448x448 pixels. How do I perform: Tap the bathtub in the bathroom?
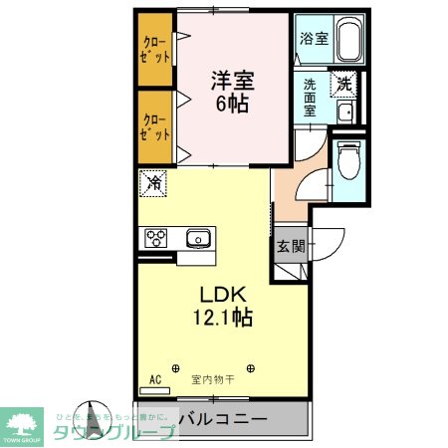[x=347, y=41]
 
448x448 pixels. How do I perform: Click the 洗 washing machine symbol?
[x=343, y=85]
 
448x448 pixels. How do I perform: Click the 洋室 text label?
[x=228, y=80]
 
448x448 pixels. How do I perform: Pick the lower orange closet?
[x=154, y=126]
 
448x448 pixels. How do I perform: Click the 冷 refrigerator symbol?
[x=154, y=182]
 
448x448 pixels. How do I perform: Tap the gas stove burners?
[x=157, y=238]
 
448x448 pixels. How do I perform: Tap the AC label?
[x=155, y=379]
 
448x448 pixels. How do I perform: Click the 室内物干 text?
[x=212, y=379]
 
